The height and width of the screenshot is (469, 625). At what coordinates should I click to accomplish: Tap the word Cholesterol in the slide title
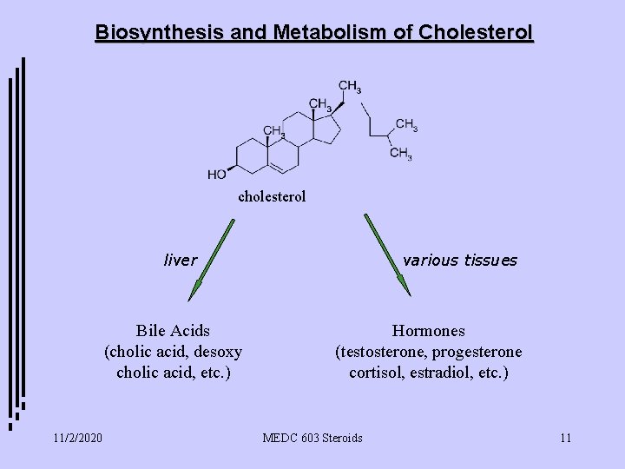[x=476, y=32]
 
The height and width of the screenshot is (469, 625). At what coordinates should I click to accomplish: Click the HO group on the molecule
[x=218, y=175]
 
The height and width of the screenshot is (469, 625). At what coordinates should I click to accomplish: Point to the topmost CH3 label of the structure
[x=350, y=86]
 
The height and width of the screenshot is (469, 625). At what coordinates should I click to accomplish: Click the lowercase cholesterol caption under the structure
[x=272, y=197]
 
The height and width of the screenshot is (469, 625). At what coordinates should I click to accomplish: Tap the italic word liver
[x=181, y=260]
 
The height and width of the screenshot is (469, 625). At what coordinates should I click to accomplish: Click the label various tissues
[x=460, y=260]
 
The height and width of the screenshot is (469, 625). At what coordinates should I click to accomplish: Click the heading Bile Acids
[x=173, y=331]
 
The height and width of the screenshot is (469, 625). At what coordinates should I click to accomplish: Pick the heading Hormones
[x=428, y=331]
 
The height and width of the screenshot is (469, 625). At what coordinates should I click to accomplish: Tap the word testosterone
[x=385, y=352]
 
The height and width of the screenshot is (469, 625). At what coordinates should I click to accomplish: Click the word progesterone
[x=480, y=352]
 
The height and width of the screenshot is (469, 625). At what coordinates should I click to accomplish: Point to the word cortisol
[x=372, y=373]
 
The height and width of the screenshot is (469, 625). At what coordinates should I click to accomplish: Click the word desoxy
[x=217, y=352]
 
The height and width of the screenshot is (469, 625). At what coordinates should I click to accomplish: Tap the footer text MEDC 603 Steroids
[x=312, y=437]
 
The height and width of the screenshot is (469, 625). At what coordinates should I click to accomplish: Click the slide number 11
[x=565, y=437]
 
